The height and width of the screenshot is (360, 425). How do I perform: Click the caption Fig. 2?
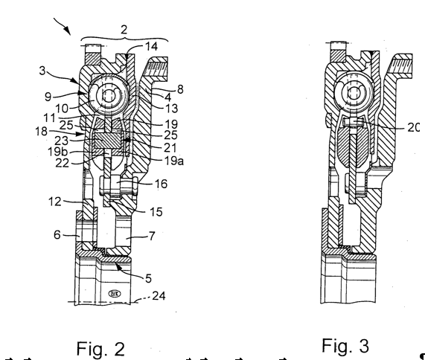point(100,349)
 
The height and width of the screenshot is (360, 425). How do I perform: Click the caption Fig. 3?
point(345,346)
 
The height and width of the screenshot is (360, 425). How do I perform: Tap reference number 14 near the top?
point(152,47)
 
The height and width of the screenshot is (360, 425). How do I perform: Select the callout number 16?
point(161,184)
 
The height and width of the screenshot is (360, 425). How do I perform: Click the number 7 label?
point(152,237)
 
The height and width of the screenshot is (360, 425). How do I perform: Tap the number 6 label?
point(57,234)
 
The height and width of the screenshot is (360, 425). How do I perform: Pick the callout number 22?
point(62,164)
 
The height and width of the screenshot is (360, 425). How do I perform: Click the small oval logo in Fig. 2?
point(115,293)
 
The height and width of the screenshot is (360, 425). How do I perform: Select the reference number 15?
point(156,212)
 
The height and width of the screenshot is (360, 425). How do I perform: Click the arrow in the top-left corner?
point(62,26)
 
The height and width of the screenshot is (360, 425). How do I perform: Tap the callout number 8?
point(180,89)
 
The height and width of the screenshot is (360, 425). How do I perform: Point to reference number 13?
point(171,109)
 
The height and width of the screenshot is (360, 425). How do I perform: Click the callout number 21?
point(170,148)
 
